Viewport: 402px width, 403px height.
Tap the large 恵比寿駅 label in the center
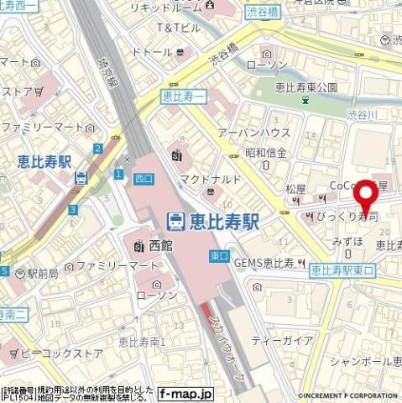222,222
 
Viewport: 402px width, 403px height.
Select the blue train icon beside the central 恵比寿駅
175,222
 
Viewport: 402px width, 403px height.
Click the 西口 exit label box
139,177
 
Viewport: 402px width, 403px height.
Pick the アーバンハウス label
266,133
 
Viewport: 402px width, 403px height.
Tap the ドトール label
152,53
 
